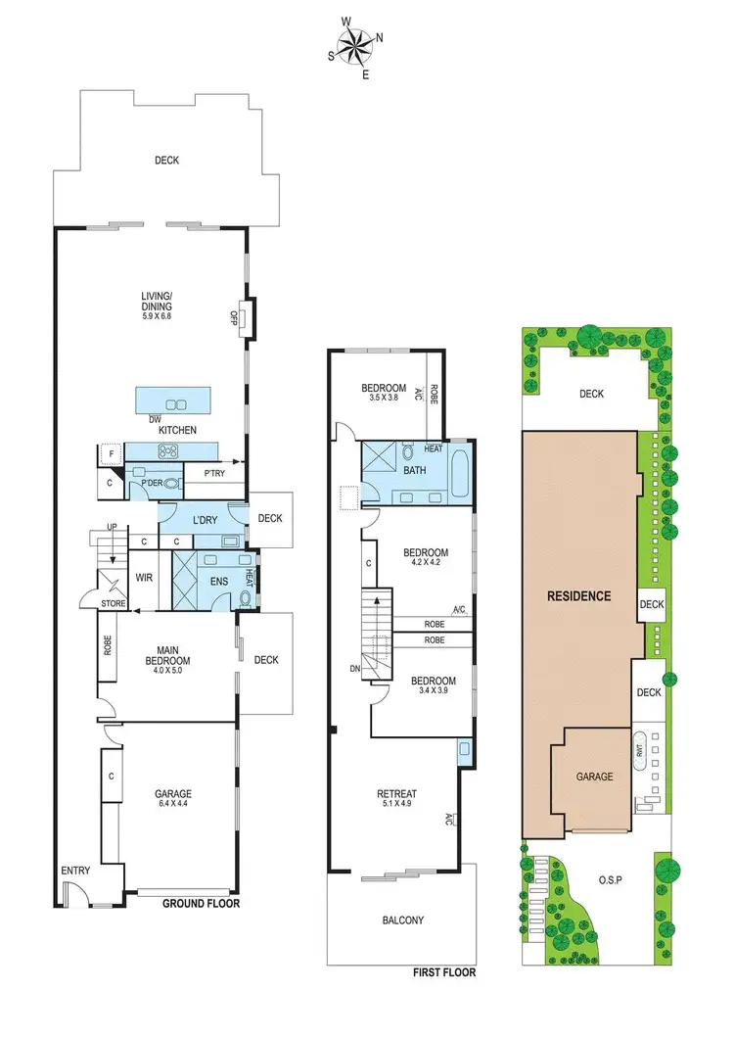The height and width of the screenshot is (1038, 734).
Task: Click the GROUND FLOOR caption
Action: click(201, 904)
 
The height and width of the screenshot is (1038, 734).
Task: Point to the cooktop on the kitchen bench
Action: click(167, 450)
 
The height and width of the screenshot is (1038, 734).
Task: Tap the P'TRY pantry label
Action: click(213, 474)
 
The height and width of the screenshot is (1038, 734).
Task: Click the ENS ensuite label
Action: click(218, 581)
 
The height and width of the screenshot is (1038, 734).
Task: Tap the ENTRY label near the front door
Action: click(74, 871)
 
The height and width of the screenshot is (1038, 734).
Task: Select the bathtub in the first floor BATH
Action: click(462, 472)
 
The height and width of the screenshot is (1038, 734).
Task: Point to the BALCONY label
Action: click(402, 920)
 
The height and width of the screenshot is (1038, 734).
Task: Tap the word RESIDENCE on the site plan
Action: click(578, 595)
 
